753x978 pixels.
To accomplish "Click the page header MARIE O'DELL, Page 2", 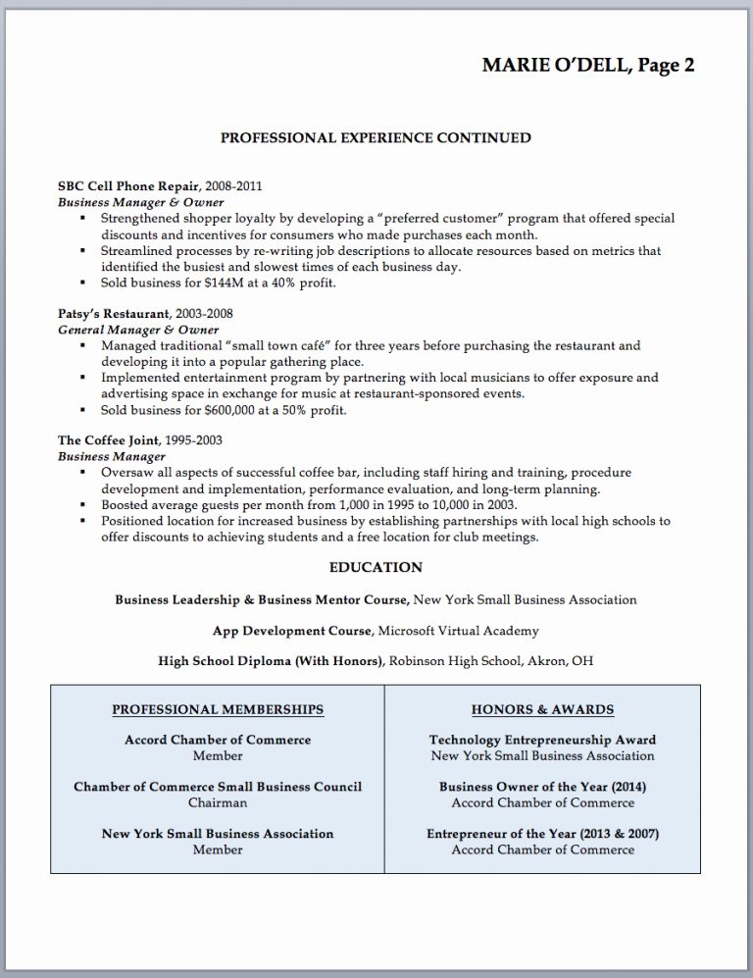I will coord(588,66).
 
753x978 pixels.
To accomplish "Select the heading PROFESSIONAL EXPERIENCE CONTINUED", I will coord(376,137).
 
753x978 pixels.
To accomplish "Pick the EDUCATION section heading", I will coord(376,567).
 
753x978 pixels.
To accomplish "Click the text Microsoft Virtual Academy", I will coord(458,630).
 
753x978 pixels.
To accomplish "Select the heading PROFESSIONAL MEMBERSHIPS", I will coord(218,709).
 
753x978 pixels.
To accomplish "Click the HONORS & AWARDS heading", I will coord(542,709).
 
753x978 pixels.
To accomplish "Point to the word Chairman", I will coord(218,802).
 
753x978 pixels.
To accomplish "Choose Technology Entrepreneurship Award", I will coord(542,740).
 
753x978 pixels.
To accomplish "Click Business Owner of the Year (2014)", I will coord(542,787).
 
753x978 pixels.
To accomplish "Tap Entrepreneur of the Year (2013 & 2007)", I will coord(542,834).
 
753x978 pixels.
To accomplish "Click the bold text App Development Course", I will coord(292,630).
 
